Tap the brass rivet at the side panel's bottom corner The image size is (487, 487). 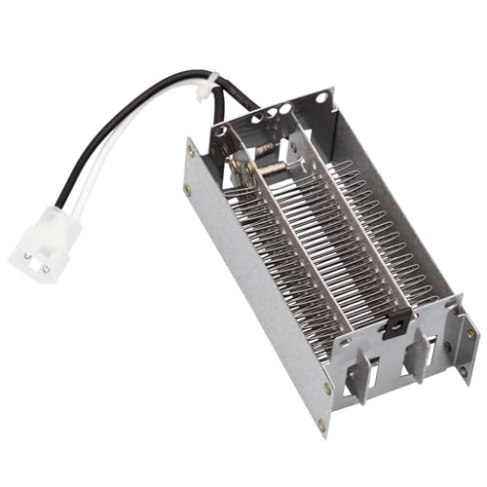(x=321, y=425)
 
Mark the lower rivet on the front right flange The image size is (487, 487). (x=462, y=371)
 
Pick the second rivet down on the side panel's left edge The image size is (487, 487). (x=188, y=189)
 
